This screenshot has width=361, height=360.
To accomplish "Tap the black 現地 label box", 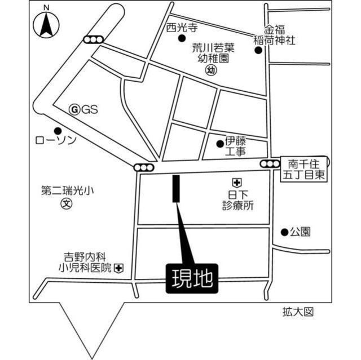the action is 190,278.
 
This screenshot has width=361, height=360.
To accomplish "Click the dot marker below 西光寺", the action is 182,38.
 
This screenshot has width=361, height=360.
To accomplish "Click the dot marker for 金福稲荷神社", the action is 258,50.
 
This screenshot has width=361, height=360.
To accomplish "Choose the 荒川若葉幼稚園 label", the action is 212,53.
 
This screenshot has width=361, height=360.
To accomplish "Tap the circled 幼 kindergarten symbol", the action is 211,70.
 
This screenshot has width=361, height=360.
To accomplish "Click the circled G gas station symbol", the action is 73,110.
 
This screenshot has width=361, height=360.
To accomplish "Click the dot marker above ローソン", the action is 57,130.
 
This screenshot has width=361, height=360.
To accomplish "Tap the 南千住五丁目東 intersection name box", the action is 304,169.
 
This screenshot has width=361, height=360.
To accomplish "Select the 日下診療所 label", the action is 237,200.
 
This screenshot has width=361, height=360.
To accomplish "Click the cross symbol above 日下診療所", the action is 236,182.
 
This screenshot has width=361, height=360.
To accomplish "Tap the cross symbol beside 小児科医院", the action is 119,268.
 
